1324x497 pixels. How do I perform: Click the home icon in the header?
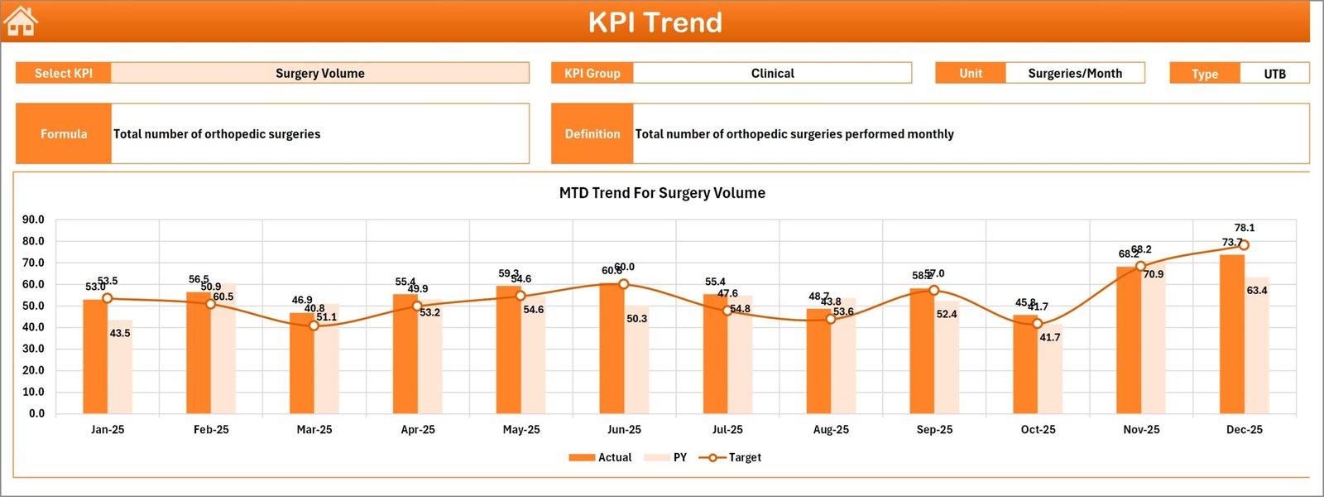click(21, 22)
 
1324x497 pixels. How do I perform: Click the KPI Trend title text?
click(655, 22)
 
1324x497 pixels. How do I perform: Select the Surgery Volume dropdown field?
click(319, 73)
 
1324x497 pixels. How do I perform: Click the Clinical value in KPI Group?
click(772, 73)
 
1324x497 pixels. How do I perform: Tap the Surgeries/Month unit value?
click(1074, 73)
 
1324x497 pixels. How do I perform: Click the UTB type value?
click(1274, 74)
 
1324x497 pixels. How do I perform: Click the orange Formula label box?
click(64, 133)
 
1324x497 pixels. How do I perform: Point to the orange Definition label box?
click(592, 133)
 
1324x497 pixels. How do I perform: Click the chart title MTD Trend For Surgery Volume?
click(662, 193)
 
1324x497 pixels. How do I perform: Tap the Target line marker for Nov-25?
click(1140, 267)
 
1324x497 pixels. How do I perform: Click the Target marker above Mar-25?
click(314, 326)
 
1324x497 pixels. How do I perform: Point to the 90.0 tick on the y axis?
click(33, 220)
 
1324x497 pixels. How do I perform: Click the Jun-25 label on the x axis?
click(624, 429)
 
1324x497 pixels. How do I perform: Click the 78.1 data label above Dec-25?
click(1244, 228)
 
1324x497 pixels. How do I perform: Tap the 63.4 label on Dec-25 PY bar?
click(1256, 291)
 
